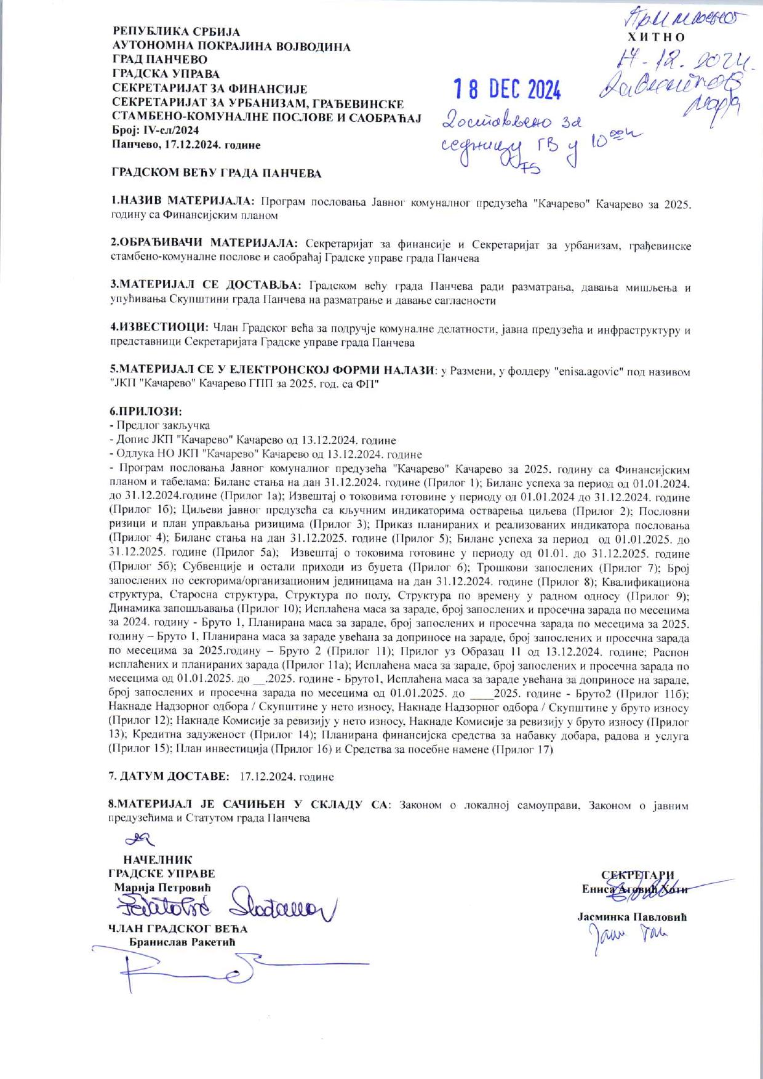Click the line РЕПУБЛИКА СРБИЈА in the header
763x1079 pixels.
point(176,31)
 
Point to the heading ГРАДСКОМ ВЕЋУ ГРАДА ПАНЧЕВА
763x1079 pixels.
point(216,174)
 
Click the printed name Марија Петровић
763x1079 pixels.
point(162,888)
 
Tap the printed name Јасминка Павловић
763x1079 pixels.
point(632,917)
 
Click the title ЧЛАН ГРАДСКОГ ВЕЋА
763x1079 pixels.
point(178,929)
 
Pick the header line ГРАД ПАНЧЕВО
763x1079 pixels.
point(159,60)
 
